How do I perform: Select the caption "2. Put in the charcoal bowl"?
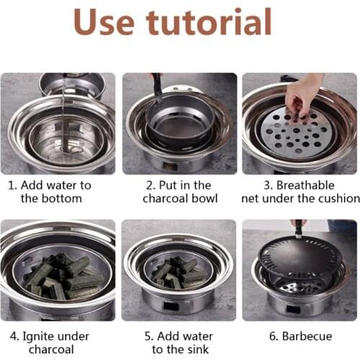pyautogui.click(x=179, y=191)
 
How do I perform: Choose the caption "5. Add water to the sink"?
pyautogui.click(x=179, y=342)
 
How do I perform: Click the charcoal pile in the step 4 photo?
pyautogui.click(x=60, y=277)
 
